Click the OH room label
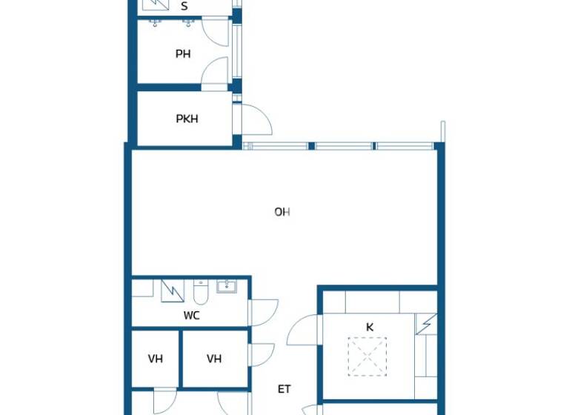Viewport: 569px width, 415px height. click(x=282, y=212)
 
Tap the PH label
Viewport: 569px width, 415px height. click(x=183, y=53)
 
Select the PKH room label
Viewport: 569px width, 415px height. click(x=187, y=119)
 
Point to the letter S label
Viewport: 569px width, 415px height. click(x=184, y=7)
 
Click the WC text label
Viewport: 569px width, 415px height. click(x=192, y=315)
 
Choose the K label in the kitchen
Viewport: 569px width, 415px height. click(x=369, y=326)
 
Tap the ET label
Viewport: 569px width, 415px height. click(x=284, y=388)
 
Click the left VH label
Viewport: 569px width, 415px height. click(x=155, y=359)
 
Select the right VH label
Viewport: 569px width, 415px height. click(x=214, y=359)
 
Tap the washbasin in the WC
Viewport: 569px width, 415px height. click(x=226, y=287)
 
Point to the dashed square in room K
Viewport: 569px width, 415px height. click(x=368, y=356)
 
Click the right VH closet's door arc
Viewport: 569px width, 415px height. click(x=262, y=354)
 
